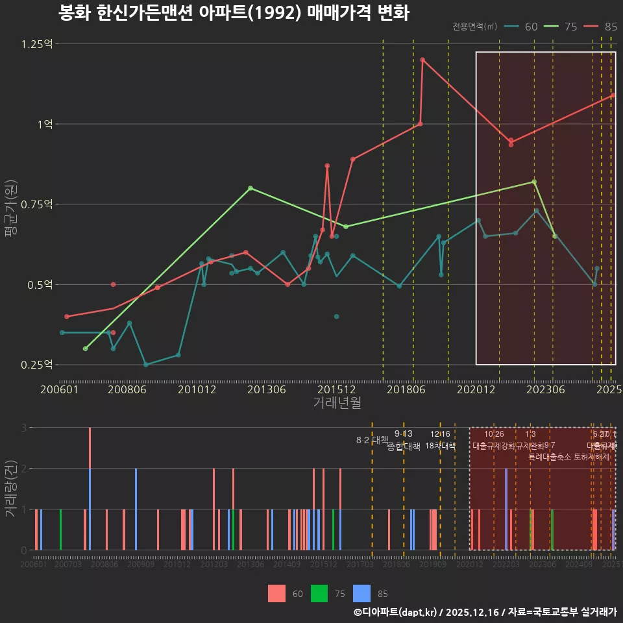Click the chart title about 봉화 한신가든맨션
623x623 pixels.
click(234, 13)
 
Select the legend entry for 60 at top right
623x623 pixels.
click(522, 27)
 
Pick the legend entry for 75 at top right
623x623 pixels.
click(561, 27)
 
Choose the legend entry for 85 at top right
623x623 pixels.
click(601, 27)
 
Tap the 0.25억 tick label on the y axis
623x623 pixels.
click(38, 365)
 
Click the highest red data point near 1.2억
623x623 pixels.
click(422, 60)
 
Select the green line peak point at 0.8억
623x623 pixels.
click(250, 188)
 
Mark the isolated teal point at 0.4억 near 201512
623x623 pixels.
click(336, 317)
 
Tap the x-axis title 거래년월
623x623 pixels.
click(337, 403)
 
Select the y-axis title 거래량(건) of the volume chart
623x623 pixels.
click(11, 489)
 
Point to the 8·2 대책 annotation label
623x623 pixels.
click(372, 440)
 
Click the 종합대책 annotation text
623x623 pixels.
click(404, 446)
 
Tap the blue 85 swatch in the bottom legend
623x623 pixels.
click(361, 593)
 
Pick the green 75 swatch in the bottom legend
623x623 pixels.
click(319, 593)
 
